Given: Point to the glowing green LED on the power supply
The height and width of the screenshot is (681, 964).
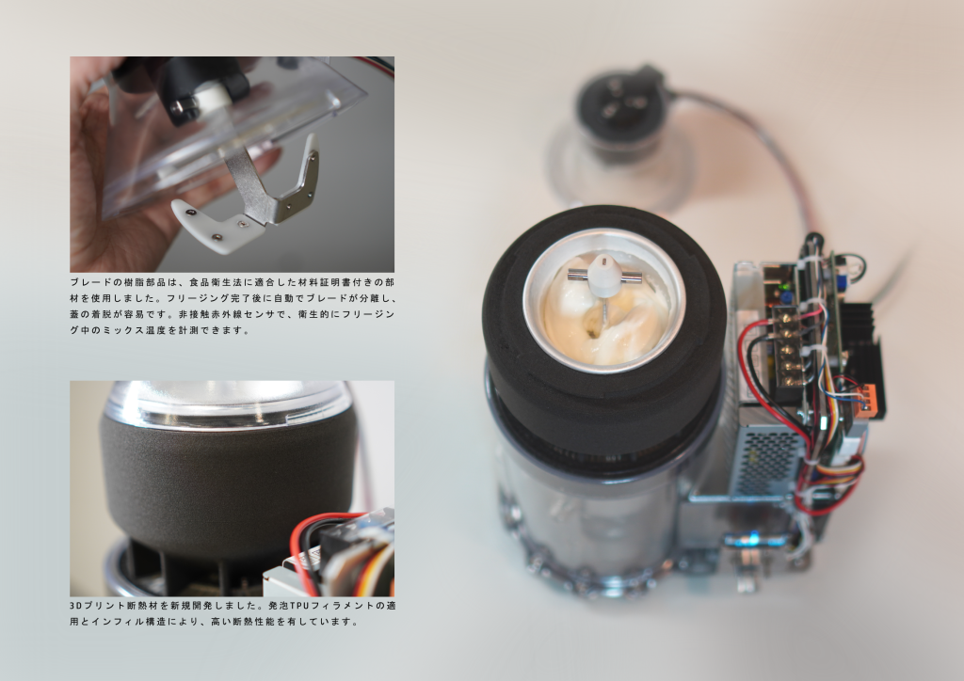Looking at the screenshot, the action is pos(782,286).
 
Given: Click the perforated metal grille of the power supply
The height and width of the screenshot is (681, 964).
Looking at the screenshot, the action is pos(769,457).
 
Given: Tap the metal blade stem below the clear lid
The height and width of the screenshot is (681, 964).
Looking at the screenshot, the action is pos(245,183).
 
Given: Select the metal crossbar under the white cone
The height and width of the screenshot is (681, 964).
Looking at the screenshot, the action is pos(605,277).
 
